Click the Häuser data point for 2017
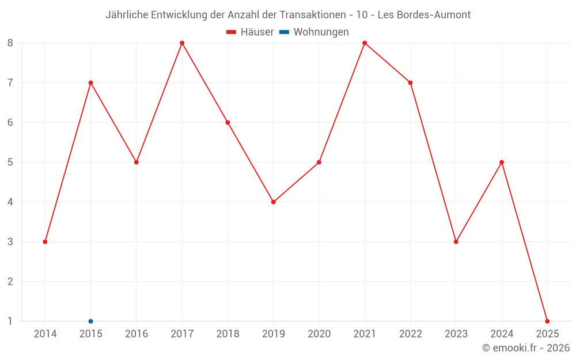[x=182, y=43]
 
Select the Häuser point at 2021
[x=365, y=43]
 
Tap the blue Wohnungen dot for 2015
[x=90, y=321]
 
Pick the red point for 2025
[x=547, y=321]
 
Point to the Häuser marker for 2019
[x=274, y=202]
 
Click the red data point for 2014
[x=45, y=242]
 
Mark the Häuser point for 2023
[x=456, y=242]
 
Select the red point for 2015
[x=90, y=83]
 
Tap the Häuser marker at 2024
[x=502, y=162]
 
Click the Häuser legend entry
[x=251, y=32]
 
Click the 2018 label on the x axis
[x=228, y=334]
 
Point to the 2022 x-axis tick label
[x=410, y=334]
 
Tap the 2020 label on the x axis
[x=319, y=334]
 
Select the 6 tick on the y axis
[x=10, y=123]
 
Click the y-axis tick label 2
[x=10, y=282]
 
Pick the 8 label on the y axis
[x=10, y=43]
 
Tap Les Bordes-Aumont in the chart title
[x=424, y=15]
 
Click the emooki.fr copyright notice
[x=525, y=348]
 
